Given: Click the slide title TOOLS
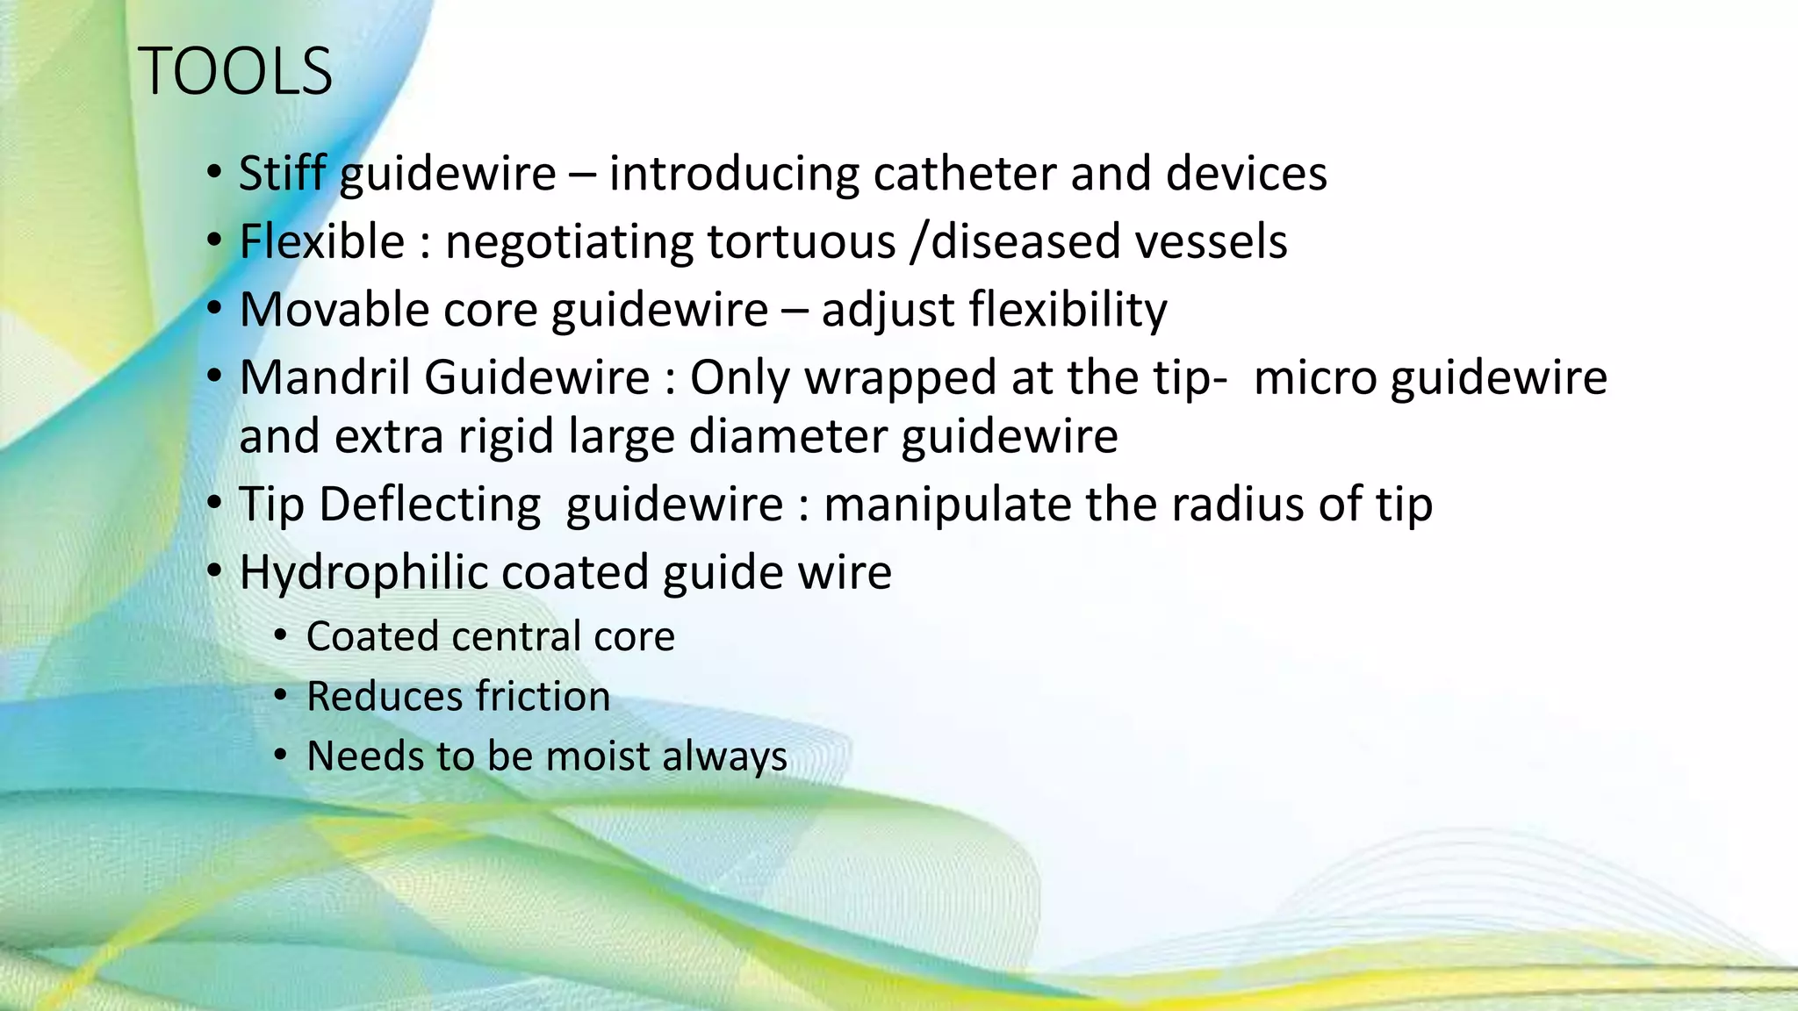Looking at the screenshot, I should click(235, 72).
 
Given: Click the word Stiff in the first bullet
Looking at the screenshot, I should click(283, 173).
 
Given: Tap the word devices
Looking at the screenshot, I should click(1246, 173).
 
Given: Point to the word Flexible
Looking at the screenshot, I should click(322, 241).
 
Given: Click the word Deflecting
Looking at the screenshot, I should click(429, 505).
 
